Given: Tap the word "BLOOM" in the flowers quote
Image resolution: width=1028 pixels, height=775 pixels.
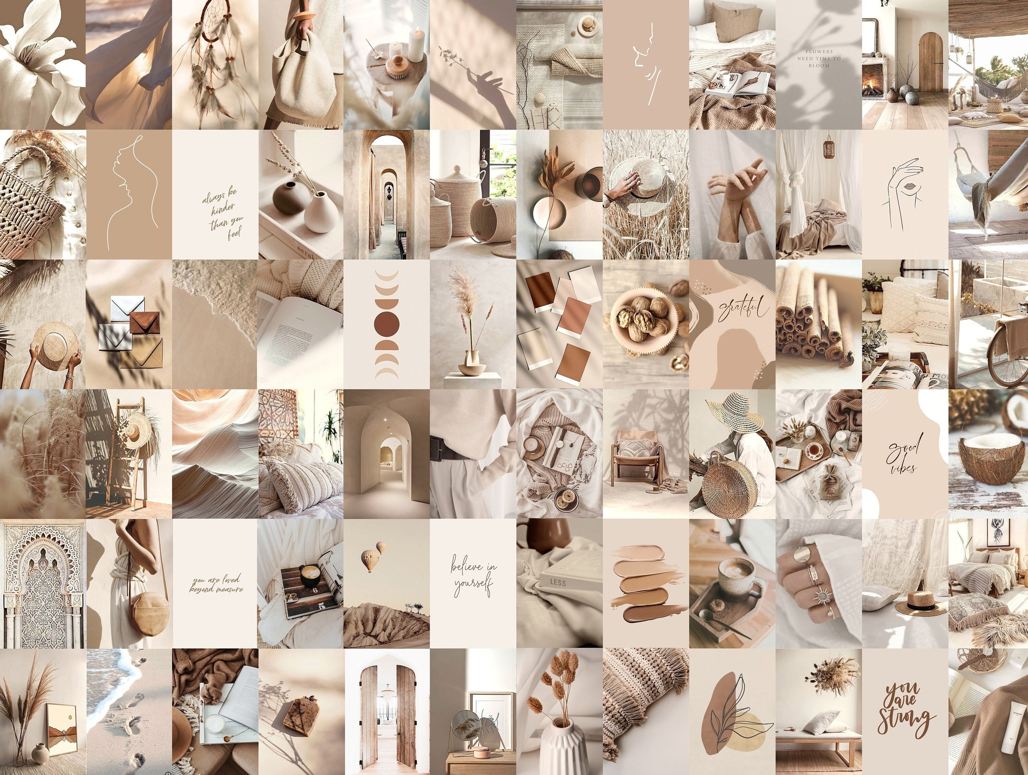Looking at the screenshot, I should click(819, 65).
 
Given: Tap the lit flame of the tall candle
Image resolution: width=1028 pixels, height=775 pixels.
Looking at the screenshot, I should click(416, 31).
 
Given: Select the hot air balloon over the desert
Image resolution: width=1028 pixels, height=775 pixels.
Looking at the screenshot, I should click(370, 561).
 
